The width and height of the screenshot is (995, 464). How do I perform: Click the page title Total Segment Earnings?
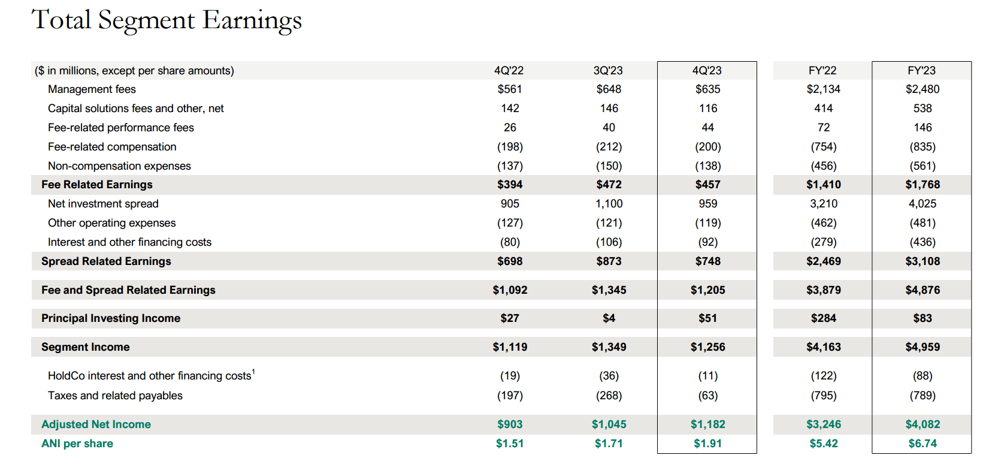coord(167,20)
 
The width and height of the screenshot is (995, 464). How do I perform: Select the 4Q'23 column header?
coord(707,71)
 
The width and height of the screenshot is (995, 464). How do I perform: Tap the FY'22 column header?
coord(822,71)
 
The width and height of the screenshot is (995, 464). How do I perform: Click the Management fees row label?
coord(92,89)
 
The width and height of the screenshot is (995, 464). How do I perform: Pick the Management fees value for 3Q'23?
coord(609,89)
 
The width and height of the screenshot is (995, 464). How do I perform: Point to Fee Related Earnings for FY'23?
coord(923,185)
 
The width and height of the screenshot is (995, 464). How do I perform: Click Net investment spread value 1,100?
coord(609,204)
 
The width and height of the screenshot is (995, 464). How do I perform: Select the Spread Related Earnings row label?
coord(106,261)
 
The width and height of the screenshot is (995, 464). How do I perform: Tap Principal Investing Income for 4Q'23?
coord(707,318)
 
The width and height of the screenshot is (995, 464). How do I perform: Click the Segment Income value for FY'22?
coord(824,347)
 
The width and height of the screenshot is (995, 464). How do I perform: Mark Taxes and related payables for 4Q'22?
coord(510,396)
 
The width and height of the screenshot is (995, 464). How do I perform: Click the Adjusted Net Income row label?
coord(96,424)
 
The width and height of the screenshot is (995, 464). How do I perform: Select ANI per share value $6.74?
coord(923,444)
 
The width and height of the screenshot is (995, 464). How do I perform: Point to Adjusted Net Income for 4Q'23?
coord(707,424)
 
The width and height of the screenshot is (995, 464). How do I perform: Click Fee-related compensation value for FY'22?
coord(824,147)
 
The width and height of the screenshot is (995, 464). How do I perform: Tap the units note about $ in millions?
coord(134,71)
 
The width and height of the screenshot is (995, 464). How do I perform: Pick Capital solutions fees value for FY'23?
coord(923,109)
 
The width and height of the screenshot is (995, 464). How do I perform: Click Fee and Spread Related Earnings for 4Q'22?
coord(510,290)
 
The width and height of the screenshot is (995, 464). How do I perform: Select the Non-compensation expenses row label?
coord(119,166)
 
